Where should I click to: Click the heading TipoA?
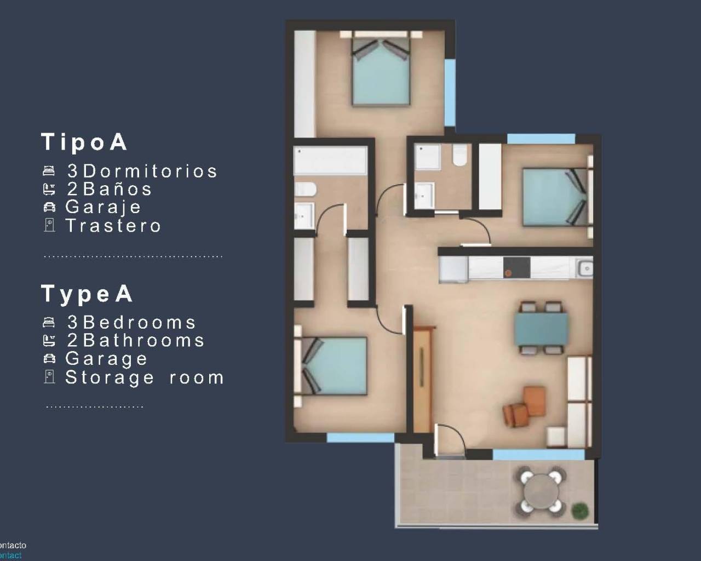click(85, 142)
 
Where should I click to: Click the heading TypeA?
click(87, 294)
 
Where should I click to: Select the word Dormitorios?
click(149, 171)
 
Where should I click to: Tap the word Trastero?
click(113, 225)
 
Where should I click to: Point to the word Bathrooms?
click(143, 340)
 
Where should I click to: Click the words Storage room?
click(145, 377)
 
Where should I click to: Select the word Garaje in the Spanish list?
click(103, 207)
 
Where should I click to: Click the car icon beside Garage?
click(49, 359)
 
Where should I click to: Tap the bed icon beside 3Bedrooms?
click(49, 323)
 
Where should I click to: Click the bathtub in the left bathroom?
click(330, 160)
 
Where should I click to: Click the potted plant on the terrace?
click(579, 511)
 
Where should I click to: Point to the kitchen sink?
click(585, 268)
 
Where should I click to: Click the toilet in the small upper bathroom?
click(459, 156)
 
